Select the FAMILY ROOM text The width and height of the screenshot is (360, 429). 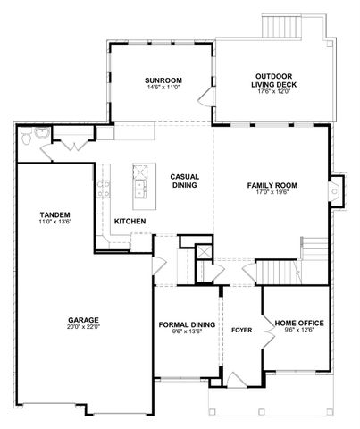coord(272,185)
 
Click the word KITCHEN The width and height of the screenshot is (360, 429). coord(130,221)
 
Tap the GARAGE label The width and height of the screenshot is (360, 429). coord(82,319)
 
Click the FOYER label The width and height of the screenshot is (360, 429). coord(241,328)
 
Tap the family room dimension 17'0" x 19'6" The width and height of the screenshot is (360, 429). coord(272,193)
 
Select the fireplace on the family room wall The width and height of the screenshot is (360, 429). coord(335,188)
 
